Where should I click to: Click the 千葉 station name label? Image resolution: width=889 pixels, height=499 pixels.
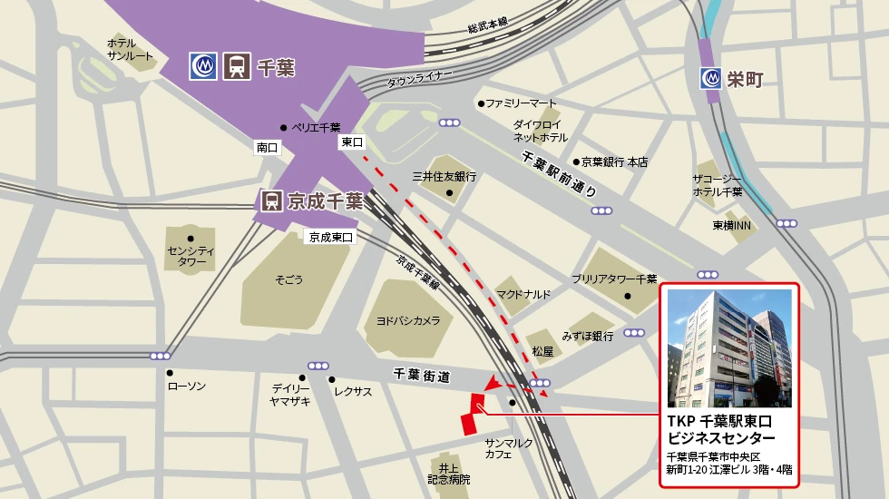point(277,67)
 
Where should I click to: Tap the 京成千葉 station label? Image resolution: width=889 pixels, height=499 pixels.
point(325,201)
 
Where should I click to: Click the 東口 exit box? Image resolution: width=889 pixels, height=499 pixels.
point(352,142)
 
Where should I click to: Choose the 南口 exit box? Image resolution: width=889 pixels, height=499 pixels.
point(267,147)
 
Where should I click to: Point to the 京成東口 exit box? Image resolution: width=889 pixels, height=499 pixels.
point(329,237)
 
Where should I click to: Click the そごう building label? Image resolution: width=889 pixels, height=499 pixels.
point(289,280)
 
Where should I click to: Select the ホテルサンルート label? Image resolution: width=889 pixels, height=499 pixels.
point(131,49)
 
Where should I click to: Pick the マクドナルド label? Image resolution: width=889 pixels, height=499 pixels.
point(523,294)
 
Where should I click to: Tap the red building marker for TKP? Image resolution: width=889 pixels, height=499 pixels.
point(472,416)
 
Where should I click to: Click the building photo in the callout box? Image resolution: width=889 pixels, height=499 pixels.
point(729,348)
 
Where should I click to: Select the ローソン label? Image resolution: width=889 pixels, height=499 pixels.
point(187,386)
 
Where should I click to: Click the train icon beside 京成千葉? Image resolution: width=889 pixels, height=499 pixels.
point(270,201)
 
